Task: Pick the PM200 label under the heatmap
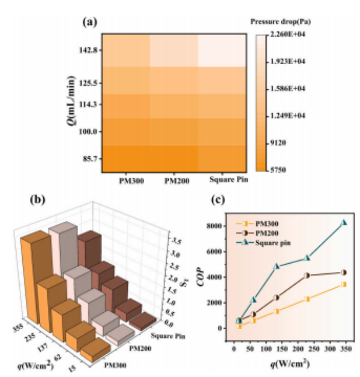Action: point(173,179)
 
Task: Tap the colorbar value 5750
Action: point(278,170)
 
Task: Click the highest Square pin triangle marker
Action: point(344,222)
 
